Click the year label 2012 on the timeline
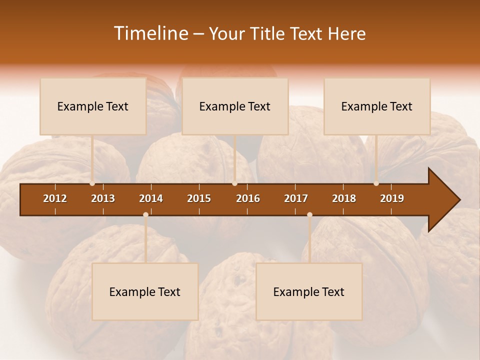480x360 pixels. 55,198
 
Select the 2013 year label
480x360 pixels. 103,198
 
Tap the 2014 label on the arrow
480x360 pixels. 151,198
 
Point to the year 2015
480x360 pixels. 199,198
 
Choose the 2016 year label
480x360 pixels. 248,198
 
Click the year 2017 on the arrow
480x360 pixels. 296,198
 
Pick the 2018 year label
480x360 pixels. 344,198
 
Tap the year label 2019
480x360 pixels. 392,198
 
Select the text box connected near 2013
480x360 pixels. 93,106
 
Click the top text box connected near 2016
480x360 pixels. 235,106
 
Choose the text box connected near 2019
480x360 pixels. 377,106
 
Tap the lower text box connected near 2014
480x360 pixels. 145,292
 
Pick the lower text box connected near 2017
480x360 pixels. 309,292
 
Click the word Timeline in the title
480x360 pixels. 150,33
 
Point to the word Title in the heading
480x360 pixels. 270,33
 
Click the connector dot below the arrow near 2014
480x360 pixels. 145,214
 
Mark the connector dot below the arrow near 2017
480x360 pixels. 309,214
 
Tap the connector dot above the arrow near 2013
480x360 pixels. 92,183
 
